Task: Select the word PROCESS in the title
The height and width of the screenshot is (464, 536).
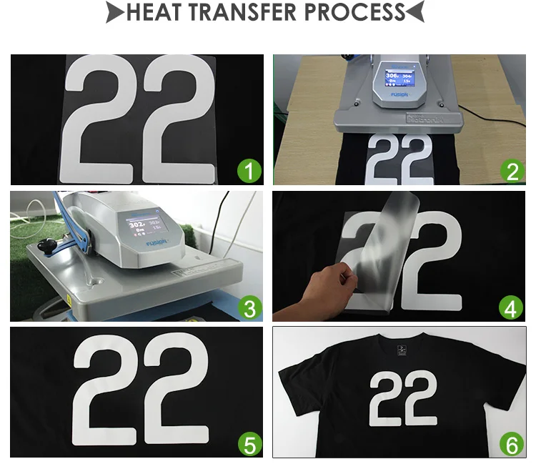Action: click(x=354, y=13)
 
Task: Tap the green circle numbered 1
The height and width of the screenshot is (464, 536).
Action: click(x=249, y=171)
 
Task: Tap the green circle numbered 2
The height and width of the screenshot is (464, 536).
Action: click(x=511, y=171)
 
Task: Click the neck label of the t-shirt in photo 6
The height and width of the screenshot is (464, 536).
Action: click(x=402, y=348)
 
